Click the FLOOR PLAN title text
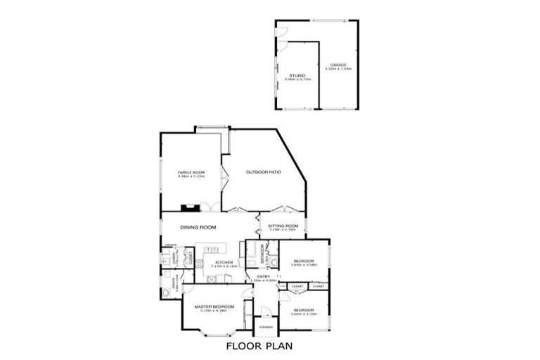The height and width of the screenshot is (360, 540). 258,346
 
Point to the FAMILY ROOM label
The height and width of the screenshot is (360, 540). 190,172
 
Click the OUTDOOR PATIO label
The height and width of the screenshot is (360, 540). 264,172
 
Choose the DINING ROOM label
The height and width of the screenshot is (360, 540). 198,227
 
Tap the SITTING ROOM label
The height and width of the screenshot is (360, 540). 283,225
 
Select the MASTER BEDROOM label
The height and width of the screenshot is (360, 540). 214,307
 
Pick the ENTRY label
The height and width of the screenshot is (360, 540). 263,276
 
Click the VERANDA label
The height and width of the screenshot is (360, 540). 265,327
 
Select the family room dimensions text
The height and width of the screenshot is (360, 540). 190,176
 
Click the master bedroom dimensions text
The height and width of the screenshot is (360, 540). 214,311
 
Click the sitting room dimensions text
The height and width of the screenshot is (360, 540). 283,229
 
